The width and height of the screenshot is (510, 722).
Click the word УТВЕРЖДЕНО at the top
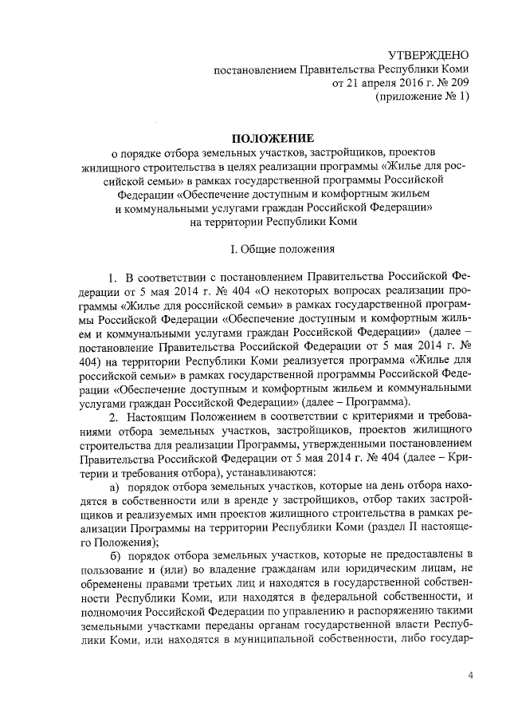click(429, 55)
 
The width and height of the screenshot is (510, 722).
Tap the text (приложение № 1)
click(422, 96)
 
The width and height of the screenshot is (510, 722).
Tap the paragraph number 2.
click(114, 416)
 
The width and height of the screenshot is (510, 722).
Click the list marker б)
click(115, 554)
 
